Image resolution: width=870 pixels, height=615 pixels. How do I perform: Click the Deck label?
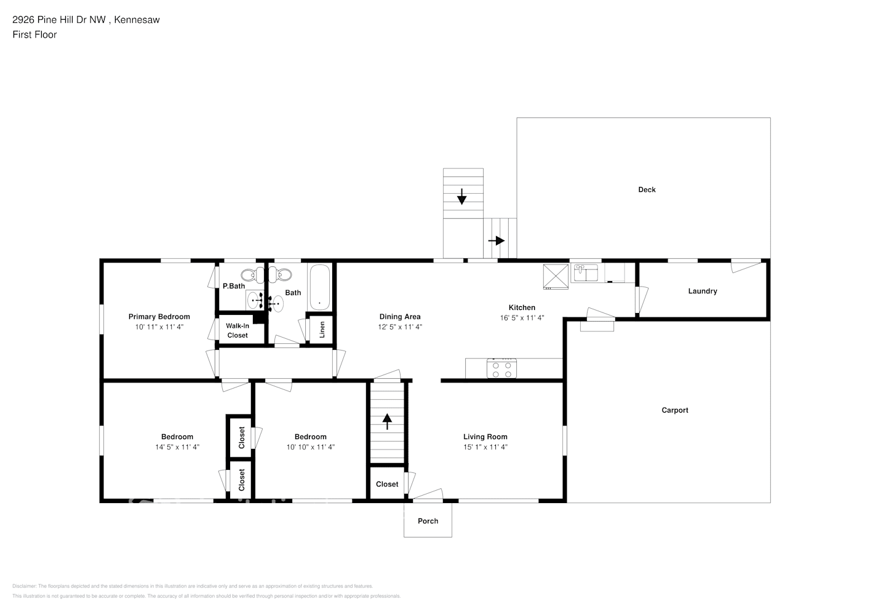647,189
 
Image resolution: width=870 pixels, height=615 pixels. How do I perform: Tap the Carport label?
674,410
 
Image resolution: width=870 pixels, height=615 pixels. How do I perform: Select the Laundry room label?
702,291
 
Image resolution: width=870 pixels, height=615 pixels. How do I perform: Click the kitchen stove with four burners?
501,369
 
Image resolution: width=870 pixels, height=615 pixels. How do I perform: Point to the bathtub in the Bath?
319,287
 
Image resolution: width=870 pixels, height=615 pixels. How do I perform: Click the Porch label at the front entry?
428,521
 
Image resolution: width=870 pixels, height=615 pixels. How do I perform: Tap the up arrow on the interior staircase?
387,422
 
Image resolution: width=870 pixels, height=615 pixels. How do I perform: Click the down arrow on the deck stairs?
461,197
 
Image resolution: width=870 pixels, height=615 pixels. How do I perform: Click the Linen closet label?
322,330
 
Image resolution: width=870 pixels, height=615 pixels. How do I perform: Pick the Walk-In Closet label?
237,330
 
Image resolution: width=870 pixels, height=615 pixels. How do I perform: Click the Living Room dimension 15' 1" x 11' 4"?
485,447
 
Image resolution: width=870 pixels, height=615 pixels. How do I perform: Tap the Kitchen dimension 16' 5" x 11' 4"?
522,318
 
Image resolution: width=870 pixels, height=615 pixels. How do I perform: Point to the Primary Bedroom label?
159,317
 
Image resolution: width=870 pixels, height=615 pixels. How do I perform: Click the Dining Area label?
399,317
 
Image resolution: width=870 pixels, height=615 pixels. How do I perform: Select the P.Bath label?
234,286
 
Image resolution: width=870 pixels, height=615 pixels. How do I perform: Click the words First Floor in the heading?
34,34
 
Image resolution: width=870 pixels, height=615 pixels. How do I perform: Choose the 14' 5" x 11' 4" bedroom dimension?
177,447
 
